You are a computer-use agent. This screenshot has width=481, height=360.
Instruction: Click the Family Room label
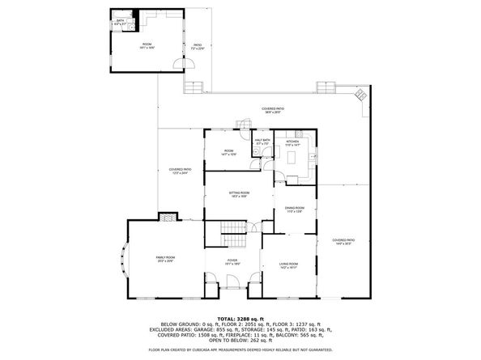165,259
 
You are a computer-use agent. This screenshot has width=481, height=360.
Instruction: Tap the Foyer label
231,262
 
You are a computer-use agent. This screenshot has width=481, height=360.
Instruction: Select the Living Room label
288,265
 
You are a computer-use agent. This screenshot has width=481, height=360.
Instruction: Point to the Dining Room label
294,210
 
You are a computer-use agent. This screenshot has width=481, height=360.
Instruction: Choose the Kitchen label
292,142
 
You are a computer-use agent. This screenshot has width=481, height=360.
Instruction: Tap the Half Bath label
262,142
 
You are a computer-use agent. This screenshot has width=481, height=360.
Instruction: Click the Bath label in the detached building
120,22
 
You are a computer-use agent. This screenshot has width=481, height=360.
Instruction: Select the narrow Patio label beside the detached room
197,46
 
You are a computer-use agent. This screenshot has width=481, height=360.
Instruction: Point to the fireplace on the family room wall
167,216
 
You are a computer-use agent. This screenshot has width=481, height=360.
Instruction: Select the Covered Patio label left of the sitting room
180,171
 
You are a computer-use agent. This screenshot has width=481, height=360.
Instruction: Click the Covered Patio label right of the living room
343,242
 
